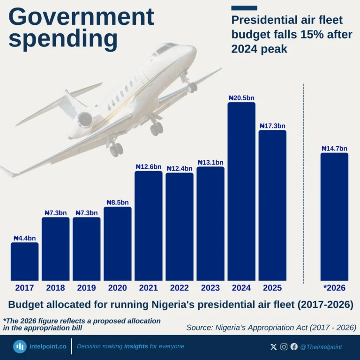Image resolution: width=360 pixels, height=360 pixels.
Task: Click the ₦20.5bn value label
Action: tap(241, 98)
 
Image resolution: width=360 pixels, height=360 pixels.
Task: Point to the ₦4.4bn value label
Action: tap(24, 238)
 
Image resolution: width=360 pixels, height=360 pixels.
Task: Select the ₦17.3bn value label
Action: tap(272, 126)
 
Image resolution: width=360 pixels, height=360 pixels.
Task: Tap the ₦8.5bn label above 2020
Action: tap(117, 202)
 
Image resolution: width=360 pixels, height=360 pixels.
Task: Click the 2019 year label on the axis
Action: tap(86, 288)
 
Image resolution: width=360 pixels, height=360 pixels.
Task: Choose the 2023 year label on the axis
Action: tap(210, 288)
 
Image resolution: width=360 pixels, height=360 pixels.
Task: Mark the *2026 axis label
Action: tap(334, 288)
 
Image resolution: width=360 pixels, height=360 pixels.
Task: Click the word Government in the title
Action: tap(81, 17)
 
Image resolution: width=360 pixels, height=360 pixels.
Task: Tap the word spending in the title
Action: tap(63, 39)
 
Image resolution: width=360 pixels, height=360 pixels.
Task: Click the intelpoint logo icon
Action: tap(20, 347)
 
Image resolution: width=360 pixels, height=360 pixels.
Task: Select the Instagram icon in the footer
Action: tap(284, 347)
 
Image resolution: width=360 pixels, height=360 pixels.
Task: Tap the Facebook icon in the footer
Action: tap(294, 347)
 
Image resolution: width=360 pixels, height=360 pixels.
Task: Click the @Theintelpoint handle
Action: tap(321, 347)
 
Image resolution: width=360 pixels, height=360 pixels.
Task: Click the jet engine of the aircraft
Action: tap(86, 120)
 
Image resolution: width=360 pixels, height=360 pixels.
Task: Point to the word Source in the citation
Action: tap(200, 327)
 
